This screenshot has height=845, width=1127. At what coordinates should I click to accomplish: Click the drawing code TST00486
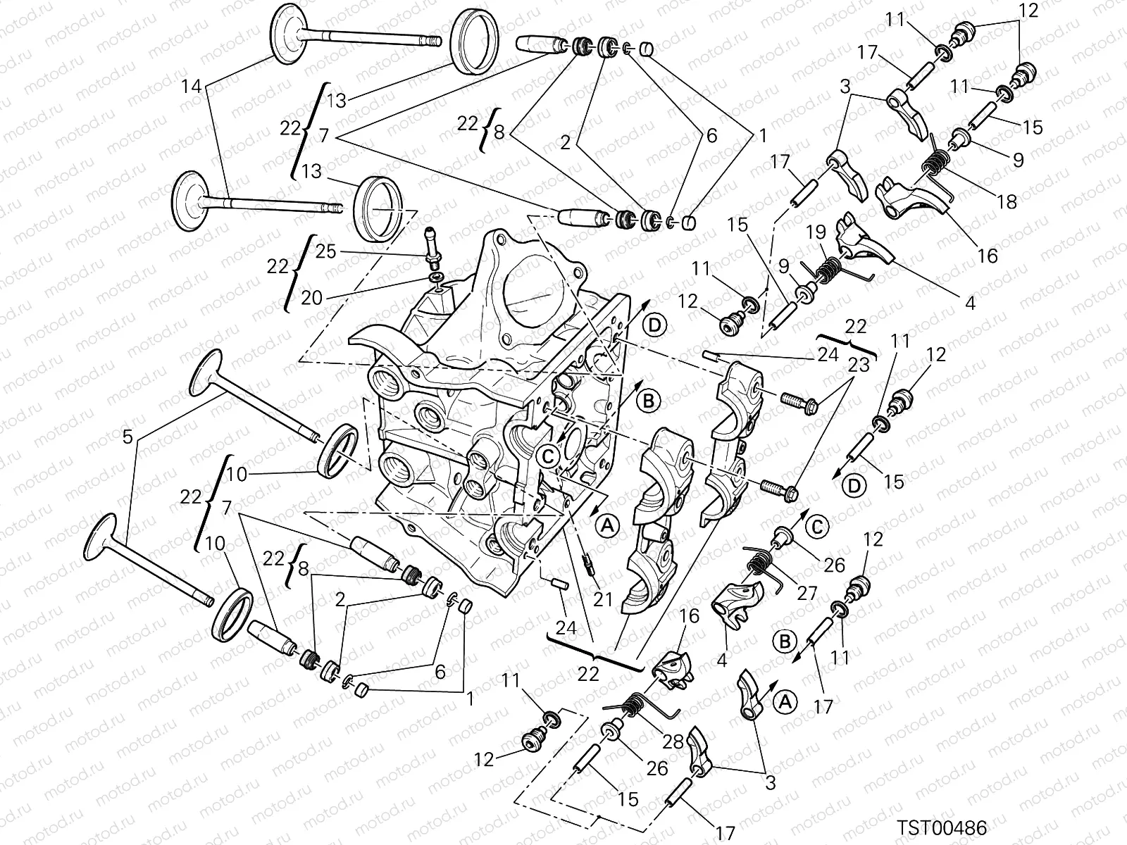click(941, 827)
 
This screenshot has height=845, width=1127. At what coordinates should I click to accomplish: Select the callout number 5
click(127, 437)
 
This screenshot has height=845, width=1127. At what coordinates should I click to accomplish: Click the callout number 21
click(603, 599)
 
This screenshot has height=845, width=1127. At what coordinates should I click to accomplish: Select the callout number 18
click(1007, 201)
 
